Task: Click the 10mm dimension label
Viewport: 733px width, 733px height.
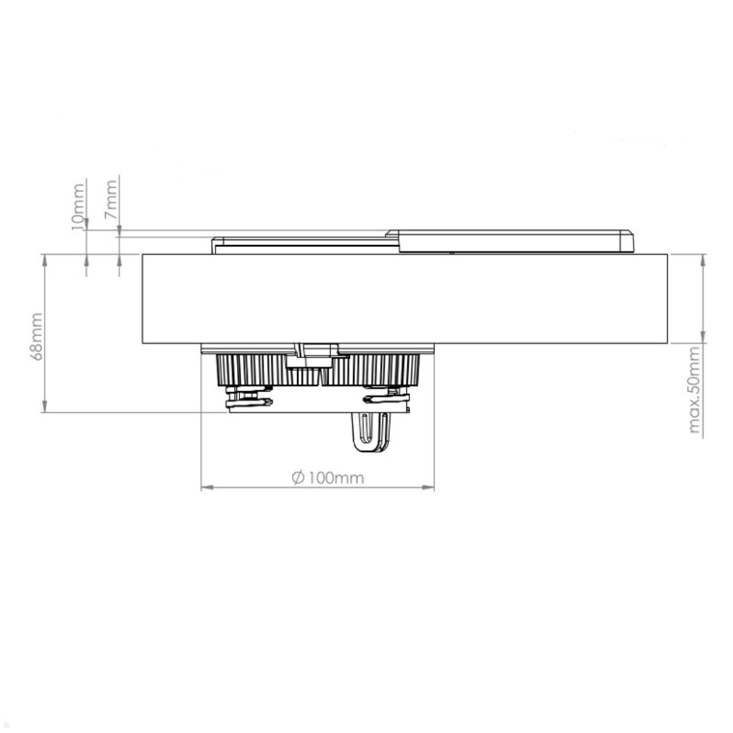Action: [78, 206]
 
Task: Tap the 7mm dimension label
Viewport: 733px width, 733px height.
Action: [111, 200]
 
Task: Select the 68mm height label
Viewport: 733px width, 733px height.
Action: [37, 336]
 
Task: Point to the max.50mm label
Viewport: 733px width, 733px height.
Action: [694, 390]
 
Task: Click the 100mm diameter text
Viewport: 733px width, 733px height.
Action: [335, 478]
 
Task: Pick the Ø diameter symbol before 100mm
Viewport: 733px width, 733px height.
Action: [298, 478]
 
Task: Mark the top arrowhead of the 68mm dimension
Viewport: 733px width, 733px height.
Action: [44, 259]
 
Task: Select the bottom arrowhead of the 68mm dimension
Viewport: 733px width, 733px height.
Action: [44, 407]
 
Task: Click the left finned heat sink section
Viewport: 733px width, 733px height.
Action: [250, 370]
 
